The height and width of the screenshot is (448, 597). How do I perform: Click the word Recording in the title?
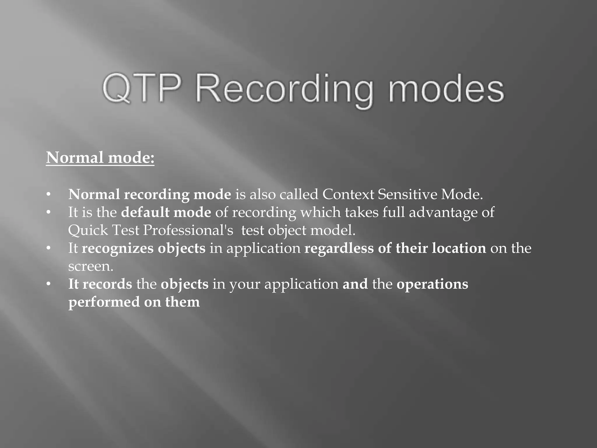pos(284,89)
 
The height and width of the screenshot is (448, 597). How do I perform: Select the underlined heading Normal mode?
pos(100,158)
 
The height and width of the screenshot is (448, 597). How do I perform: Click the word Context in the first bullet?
pos(348,194)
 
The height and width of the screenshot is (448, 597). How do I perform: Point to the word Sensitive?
pos(407,194)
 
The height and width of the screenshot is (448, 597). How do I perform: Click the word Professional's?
pos(188,230)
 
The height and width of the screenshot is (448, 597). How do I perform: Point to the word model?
pos(333,230)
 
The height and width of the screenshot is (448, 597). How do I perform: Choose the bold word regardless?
pos(339,249)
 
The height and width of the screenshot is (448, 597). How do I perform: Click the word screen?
pos(91,267)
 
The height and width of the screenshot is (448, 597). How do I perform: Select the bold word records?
pos(107,284)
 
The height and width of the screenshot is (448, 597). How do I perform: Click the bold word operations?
pos(432,284)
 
